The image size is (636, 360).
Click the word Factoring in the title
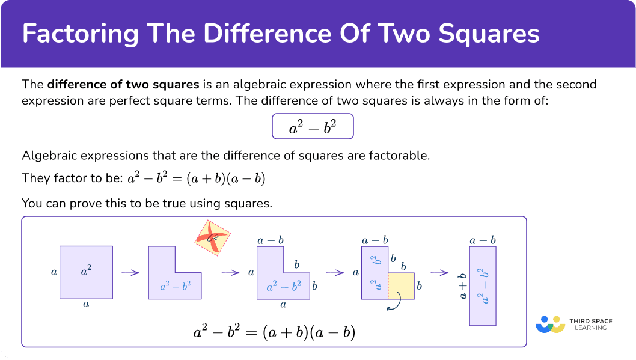pos(81,34)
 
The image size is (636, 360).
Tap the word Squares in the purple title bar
pos(489,34)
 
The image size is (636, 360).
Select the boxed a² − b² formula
pos(313,126)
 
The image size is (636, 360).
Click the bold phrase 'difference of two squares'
pos(123,84)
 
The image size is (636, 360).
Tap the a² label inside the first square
pos(86,270)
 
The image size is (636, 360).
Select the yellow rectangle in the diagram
pos(401,286)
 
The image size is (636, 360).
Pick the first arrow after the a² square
pos(130,273)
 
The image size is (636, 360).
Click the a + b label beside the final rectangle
pos(463,286)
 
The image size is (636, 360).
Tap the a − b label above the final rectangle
pos(483,240)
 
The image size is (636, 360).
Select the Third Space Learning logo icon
pos(551,325)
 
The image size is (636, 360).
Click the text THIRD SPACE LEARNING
pos(590,325)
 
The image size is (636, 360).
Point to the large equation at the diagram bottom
pos(275,332)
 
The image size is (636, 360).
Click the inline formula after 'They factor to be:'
pos(197,178)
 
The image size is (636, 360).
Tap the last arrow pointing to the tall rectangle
pos(439,273)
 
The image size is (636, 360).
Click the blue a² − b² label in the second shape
pos(175,287)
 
